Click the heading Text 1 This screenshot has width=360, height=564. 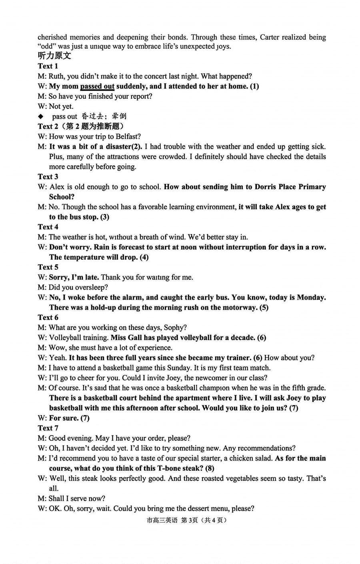(x=48, y=66)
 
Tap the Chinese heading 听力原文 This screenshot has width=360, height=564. (x=54, y=56)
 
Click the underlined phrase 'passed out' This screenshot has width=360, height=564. (x=97, y=86)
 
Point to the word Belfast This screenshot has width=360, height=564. (x=126, y=136)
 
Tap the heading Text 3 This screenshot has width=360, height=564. (x=48, y=176)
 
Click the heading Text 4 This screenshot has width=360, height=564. (x=48, y=227)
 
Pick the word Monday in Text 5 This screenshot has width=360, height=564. (x=310, y=297)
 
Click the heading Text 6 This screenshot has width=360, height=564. (x=48, y=317)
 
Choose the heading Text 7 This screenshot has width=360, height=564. (x=48, y=428)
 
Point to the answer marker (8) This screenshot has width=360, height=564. (x=210, y=468)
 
